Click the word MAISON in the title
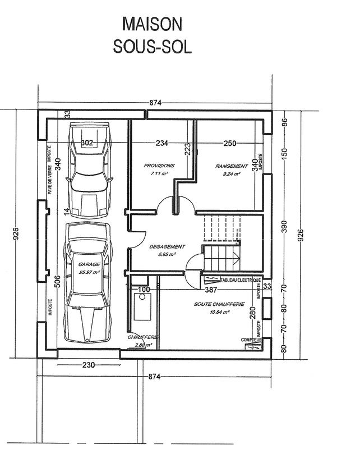pyautogui.click(x=153, y=24)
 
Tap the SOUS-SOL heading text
pyautogui.click(x=153, y=47)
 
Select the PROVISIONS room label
pyautogui.click(x=159, y=166)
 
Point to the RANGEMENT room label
pyautogui.click(x=231, y=166)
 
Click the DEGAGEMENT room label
pyautogui.click(x=167, y=246)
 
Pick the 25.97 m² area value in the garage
pyautogui.click(x=89, y=272)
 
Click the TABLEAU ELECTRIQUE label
pyautogui.click(x=241, y=280)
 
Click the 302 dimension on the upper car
pyautogui.click(x=87, y=143)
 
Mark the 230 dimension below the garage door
pyautogui.click(x=88, y=364)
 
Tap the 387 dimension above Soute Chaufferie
pyautogui.click(x=210, y=290)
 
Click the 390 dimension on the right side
pyautogui.click(x=284, y=226)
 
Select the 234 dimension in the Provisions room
pyautogui.click(x=161, y=143)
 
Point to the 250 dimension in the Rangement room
pyautogui.click(x=229, y=143)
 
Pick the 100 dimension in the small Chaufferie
pyautogui.click(x=144, y=290)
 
